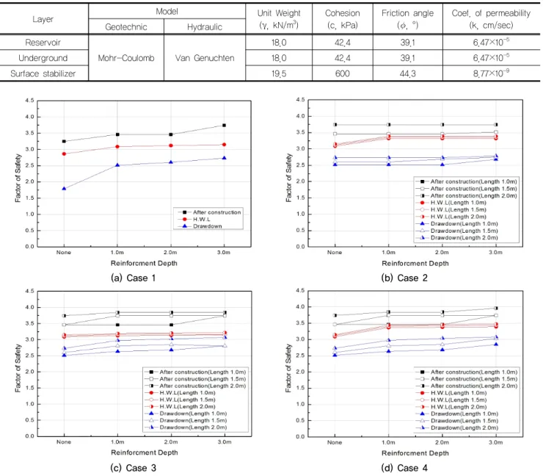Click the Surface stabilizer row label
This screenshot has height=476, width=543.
click(43, 73)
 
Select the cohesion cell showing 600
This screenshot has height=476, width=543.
click(342, 73)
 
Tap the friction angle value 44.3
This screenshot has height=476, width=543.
click(407, 73)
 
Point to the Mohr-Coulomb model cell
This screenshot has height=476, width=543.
click(126, 58)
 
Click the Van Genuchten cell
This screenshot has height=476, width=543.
click(205, 58)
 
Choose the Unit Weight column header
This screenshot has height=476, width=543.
click(279, 19)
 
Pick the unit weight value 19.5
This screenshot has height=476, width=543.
click(279, 73)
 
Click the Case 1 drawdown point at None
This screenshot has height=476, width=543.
click(64, 188)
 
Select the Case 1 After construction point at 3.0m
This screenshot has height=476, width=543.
click(224, 125)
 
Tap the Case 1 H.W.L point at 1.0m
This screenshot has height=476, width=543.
click(117, 147)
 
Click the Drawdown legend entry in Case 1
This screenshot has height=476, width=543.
click(208, 226)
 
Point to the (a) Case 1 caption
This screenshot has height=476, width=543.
click(134, 278)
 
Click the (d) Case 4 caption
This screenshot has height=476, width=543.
click(404, 468)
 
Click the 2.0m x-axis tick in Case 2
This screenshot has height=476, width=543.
click(442, 253)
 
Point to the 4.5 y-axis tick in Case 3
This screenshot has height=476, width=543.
click(30, 291)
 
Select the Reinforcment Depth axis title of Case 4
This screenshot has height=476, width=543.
click(415, 453)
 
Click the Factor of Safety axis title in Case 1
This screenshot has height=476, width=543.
click(18, 178)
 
